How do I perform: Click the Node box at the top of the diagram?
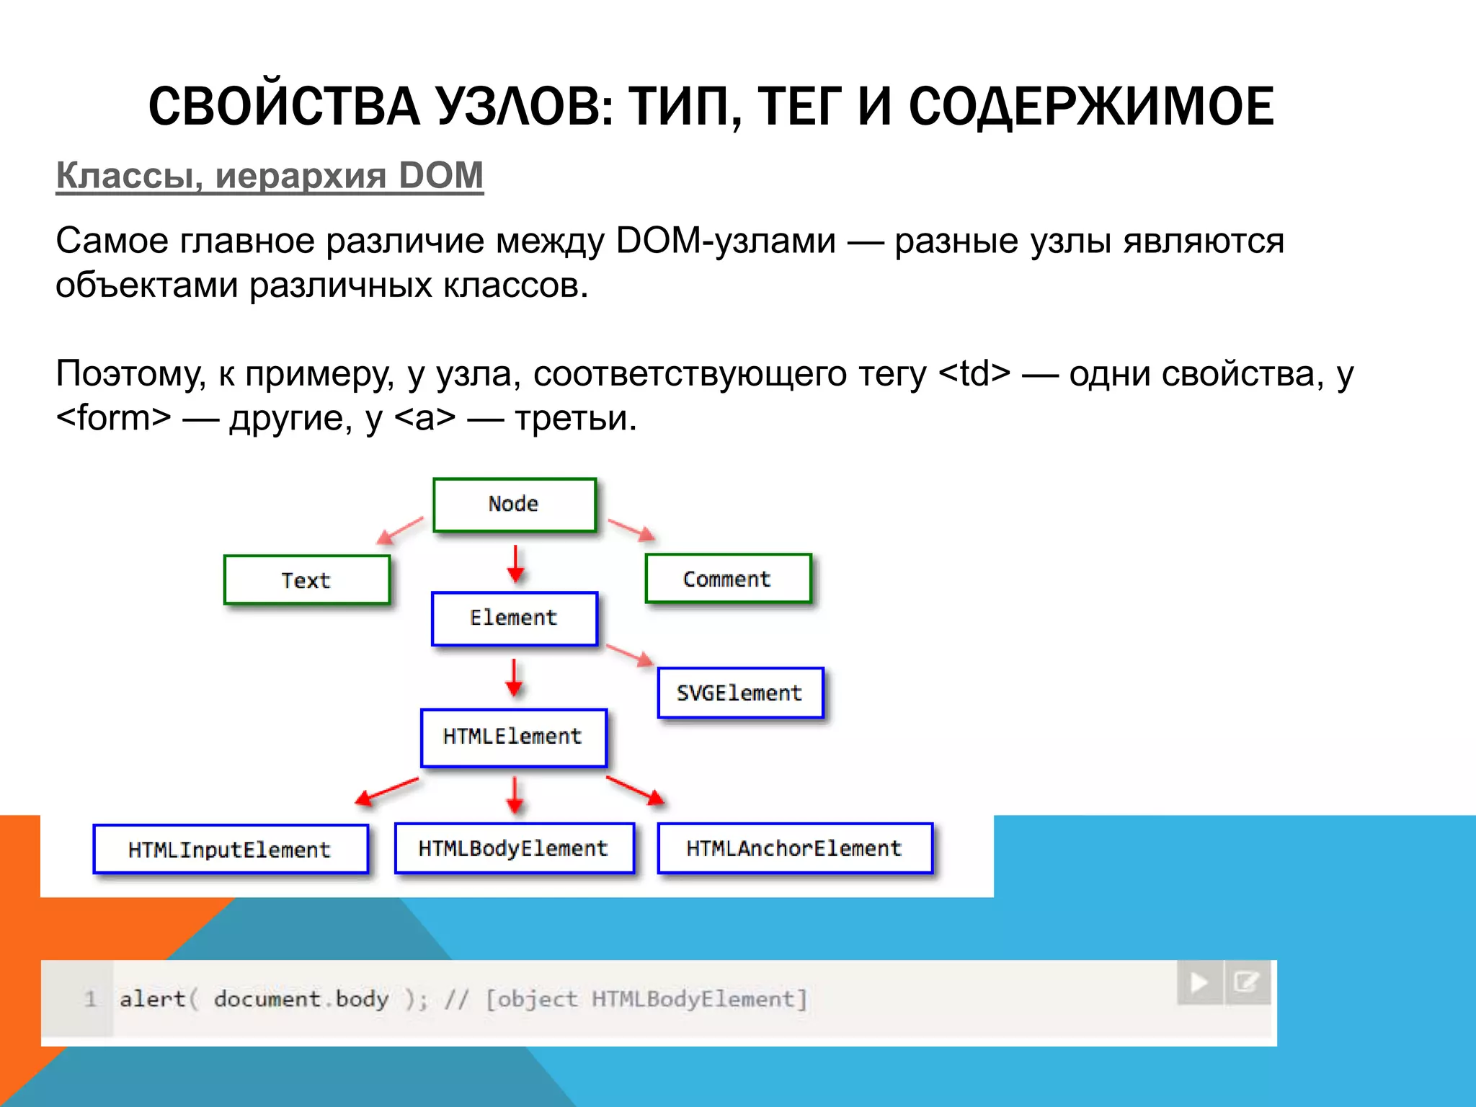pos(514,504)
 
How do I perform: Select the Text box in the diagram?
pos(306,580)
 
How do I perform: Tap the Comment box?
pos(728,579)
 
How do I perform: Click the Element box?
pos(514,618)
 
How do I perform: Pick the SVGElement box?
pos(740,693)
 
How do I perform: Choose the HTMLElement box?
pos(513,737)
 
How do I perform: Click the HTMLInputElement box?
pos(230,850)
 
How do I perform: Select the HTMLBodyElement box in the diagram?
pos(514,848)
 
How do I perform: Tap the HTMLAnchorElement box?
pos(794,848)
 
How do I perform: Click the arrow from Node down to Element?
pos(515,563)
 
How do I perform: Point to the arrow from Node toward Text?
pos(401,530)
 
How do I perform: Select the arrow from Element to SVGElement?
pos(630,654)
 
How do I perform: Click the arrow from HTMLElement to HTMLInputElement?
pos(386,791)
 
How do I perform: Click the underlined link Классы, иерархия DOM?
pos(270,175)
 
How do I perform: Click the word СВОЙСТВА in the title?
pos(284,107)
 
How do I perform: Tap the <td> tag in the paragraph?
pos(974,373)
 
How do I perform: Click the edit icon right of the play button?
pos(1246,982)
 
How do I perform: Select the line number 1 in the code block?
pos(90,999)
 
